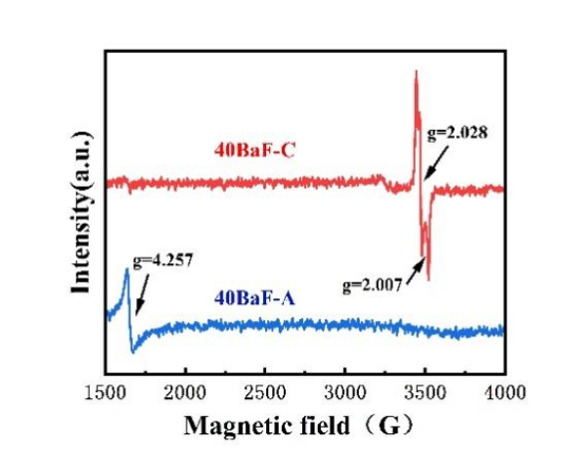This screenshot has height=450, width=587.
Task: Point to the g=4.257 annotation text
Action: point(159,261)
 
